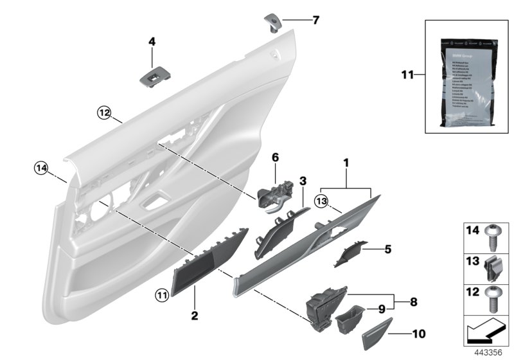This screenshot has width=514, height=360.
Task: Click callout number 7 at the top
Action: (315, 20)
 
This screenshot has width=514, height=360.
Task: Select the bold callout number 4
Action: (152, 42)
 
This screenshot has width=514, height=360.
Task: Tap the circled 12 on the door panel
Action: (104, 113)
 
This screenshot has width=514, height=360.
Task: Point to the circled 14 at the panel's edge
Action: (42, 168)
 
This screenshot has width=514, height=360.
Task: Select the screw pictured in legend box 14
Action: (498, 236)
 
